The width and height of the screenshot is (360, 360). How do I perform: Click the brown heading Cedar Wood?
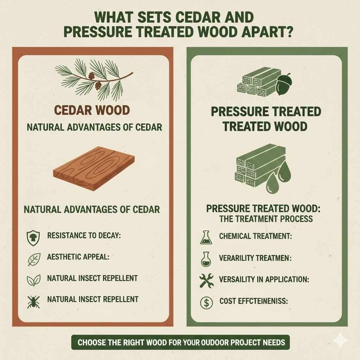click(92, 110)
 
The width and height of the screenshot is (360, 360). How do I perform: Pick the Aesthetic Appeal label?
click(78, 257)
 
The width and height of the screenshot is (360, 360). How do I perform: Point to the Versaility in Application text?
click(264, 280)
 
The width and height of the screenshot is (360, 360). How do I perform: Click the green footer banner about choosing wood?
click(181, 342)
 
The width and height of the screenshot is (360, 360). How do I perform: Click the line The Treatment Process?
click(266, 219)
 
